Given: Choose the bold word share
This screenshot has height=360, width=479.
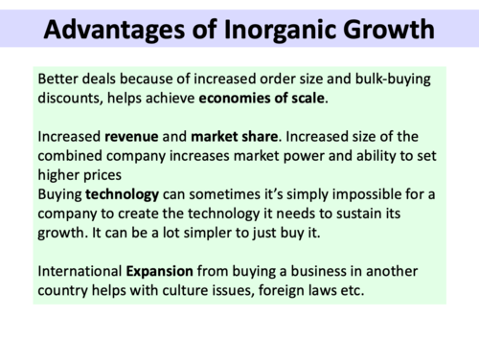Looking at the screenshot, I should pyautogui.click(x=269, y=137).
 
